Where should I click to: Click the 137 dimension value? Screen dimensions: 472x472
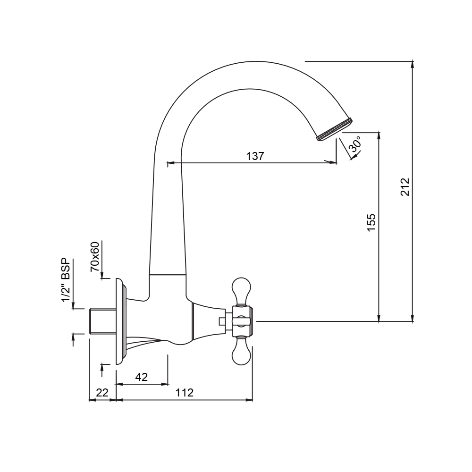click(x=255, y=156)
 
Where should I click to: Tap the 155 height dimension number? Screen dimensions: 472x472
click(x=371, y=223)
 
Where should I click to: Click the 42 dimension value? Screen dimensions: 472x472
click(x=141, y=377)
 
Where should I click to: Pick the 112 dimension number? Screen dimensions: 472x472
click(x=185, y=393)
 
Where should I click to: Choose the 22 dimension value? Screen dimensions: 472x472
click(x=102, y=393)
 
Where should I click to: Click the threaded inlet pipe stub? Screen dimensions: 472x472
click(x=102, y=321)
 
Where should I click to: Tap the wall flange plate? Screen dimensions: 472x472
click(x=120, y=321)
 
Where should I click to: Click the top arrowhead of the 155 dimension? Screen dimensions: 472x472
click(x=379, y=135)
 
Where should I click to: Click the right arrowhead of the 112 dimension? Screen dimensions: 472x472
click(x=250, y=401)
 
